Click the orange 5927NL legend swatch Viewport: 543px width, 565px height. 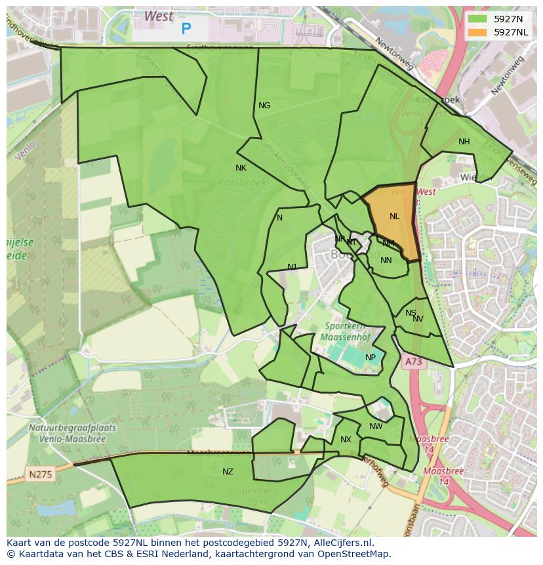[x=478, y=32]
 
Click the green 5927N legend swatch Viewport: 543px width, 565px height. [x=478, y=19]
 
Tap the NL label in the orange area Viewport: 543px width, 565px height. [x=394, y=217]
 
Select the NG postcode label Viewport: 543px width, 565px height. [x=264, y=106]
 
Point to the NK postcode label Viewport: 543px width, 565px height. [x=241, y=168]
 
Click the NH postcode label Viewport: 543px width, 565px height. [x=464, y=142]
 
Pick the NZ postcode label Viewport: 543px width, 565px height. [x=228, y=472]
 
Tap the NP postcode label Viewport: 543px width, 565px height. [x=371, y=358]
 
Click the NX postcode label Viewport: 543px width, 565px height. [x=346, y=440]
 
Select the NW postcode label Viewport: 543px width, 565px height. [x=376, y=427]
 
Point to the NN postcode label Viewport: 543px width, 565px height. [x=386, y=261]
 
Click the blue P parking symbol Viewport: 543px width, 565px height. [x=186, y=29]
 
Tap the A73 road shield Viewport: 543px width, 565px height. [x=412, y=362]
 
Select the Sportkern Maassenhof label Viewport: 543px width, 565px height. [x=346, y=332]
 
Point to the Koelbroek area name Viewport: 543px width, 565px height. [x=242, y=182]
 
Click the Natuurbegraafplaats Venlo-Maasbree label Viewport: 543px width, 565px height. [x=72, y=432]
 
